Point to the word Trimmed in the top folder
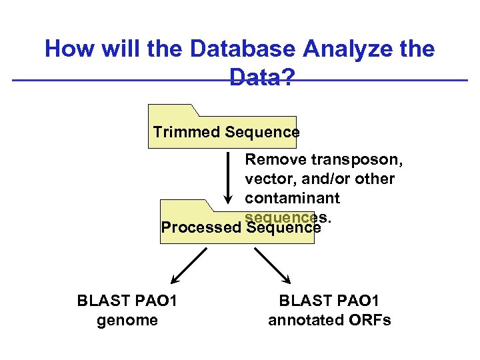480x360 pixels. (x=186, y=132)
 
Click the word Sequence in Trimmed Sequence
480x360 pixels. (x=262, y=132)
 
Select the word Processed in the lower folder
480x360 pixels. (x=201, y=227)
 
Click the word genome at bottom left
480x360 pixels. (x=127, y=320)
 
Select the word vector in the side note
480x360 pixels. (x=265, y=179)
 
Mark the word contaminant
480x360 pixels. (x=292, y=198)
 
